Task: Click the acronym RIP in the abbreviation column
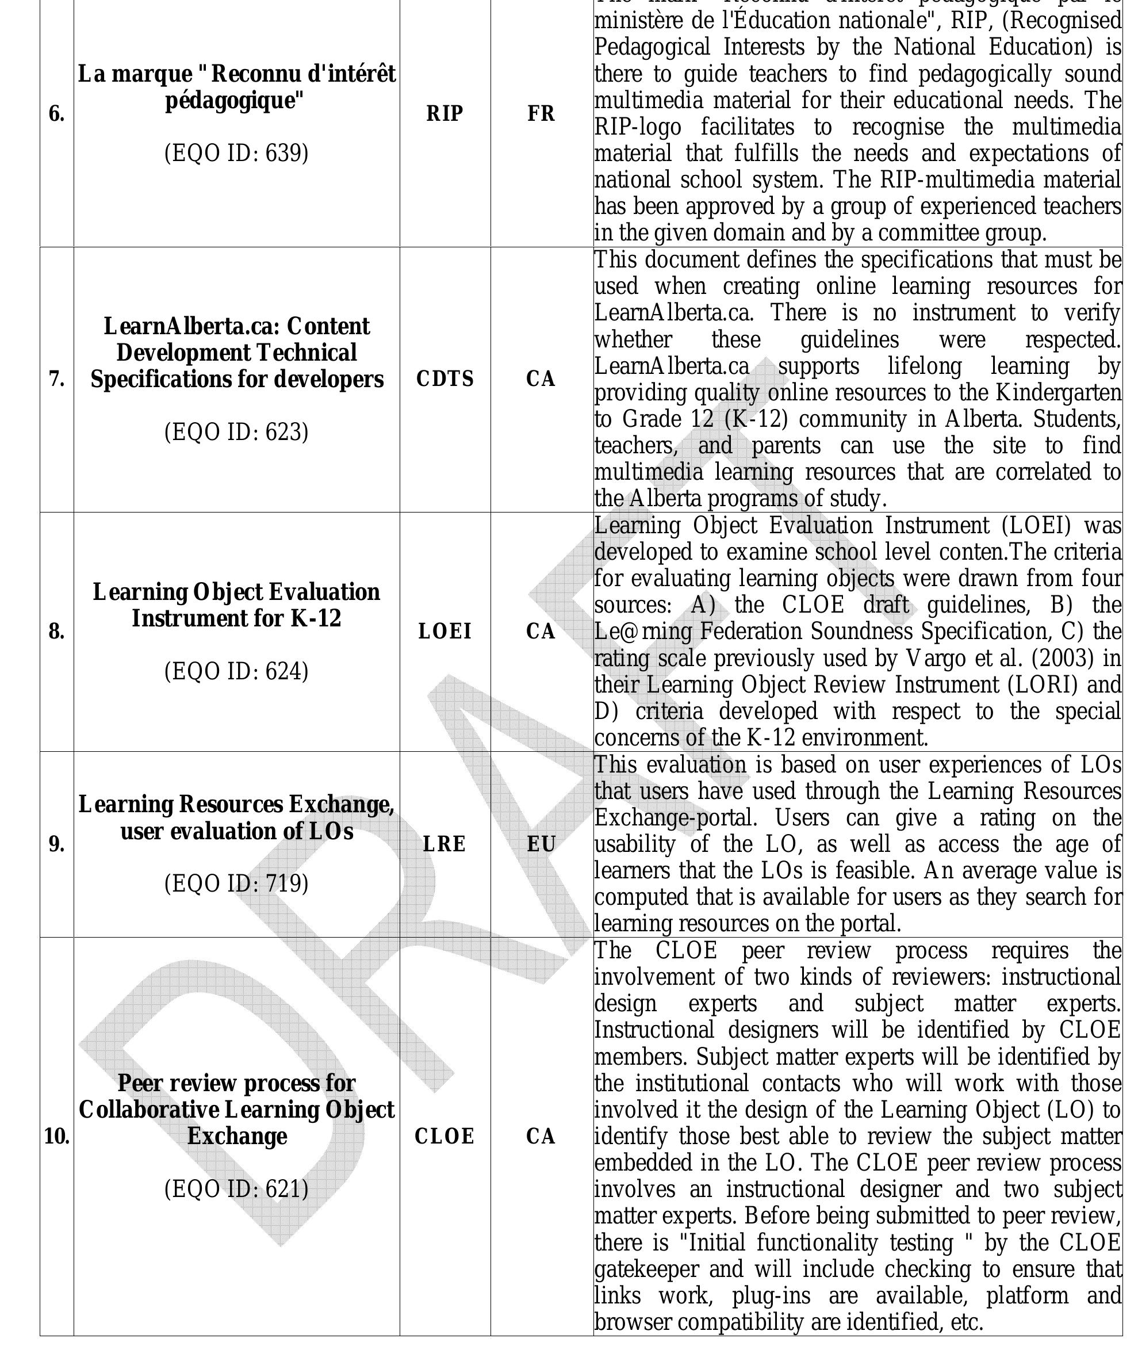coord(445,113)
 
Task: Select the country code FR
coord(541,113)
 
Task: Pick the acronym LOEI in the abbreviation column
coord(445,631)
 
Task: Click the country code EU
coord(541,844)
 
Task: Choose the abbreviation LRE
coord(445,844)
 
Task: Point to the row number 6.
coord(57,114)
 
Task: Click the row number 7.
coord(57,380)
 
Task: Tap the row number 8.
coord(57,632)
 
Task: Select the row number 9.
coord(57,844)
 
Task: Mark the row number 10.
coord(57,1136)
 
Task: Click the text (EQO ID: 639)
coord(236,154)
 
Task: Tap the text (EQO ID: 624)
coord(236,671)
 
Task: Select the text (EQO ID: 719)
coord(236,884)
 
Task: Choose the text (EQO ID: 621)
coord(236,1188)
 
